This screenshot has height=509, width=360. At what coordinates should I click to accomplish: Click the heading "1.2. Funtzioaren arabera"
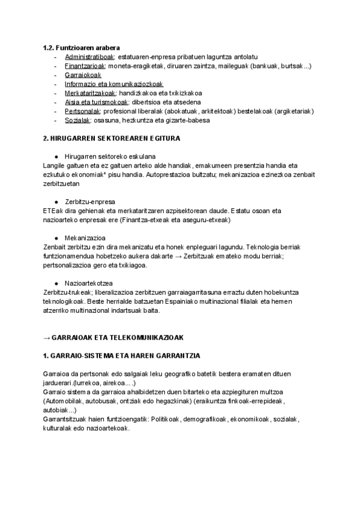click(81, 47)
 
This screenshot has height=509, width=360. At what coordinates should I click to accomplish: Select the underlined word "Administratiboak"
click(89, 56)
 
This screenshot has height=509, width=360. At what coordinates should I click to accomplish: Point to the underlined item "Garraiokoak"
click(83, 75)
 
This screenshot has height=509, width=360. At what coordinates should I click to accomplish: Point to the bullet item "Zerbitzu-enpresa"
click(90, 201)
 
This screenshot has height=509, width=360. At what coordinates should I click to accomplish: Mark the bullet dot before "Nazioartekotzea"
click(56, 283)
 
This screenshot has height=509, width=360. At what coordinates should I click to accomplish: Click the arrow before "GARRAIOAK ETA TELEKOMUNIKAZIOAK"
click(47, 337)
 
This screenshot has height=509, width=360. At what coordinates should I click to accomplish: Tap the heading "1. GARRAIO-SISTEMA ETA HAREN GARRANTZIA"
click(122, 355)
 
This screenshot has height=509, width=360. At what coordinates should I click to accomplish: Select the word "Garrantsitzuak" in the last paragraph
click(67, 418)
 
